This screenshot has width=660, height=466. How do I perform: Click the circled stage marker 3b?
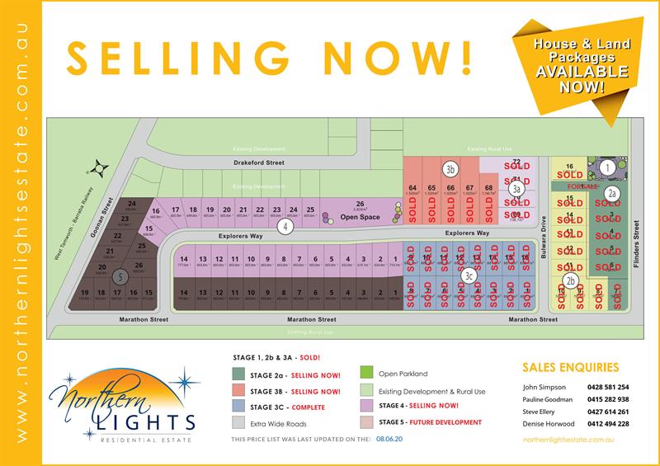[450, 170]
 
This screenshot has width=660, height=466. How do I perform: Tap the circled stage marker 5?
[120, 276]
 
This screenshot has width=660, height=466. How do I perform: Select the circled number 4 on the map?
[285, 225]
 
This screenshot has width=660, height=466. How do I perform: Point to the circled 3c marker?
[469, 275]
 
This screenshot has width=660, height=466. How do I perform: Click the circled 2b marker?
[570, 280]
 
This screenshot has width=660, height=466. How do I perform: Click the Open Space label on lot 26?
[360, 217]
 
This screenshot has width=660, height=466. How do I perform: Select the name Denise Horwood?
[548, 423]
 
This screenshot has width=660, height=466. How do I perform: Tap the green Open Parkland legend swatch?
[366, 374]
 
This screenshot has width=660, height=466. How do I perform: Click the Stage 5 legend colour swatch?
[366, 422]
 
